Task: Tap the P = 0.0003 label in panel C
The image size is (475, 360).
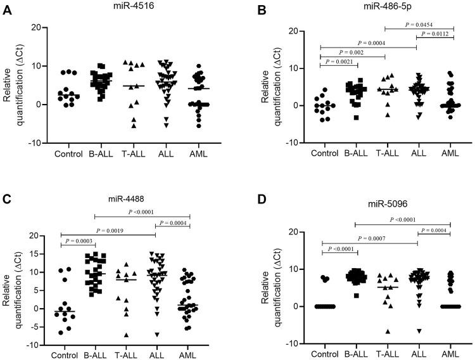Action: coord(77,241)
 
